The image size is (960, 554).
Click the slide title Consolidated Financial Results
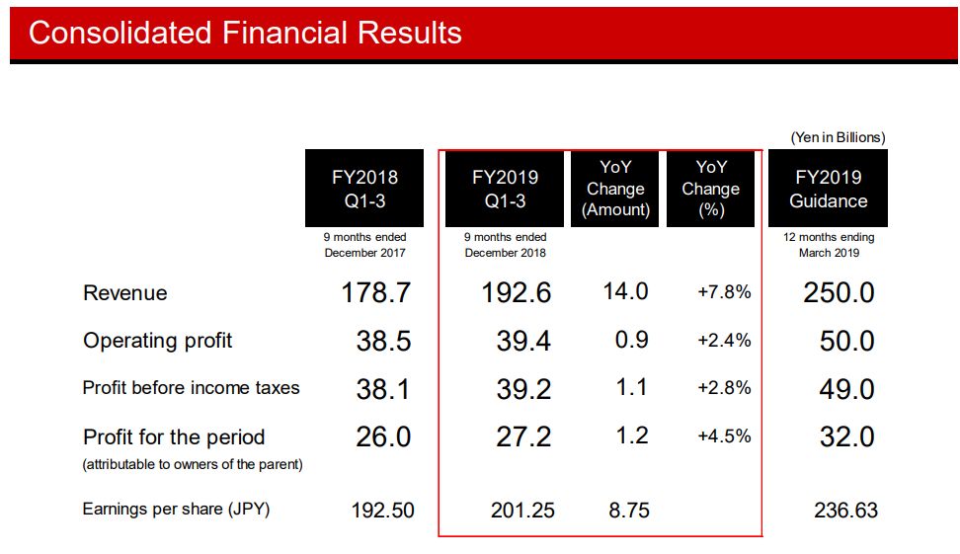tap(245, 33)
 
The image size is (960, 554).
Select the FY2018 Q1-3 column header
tap(364, 189)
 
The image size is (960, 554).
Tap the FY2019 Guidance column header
tap(828, 189)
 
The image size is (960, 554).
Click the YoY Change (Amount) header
tap(614, 189)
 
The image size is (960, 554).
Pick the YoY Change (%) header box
tap(710, 189)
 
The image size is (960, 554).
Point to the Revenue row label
tap(125, 293)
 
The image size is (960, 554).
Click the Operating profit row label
tap(158, 341)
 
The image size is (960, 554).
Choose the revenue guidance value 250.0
tap(845, 293)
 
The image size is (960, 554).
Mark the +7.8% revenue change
tap(724, 292)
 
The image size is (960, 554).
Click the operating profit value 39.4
tap(523, 341)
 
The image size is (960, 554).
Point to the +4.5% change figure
tap(724, 436)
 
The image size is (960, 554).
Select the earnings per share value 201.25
tap(522, 511)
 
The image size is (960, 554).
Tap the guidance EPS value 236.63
tap(844, 511)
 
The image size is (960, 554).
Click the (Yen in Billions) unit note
tap(838, 137)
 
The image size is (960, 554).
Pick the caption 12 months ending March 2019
tap(828, 245)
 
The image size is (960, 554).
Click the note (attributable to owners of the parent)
tap(193, 464)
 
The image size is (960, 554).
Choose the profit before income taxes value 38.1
tap(383, 389)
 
